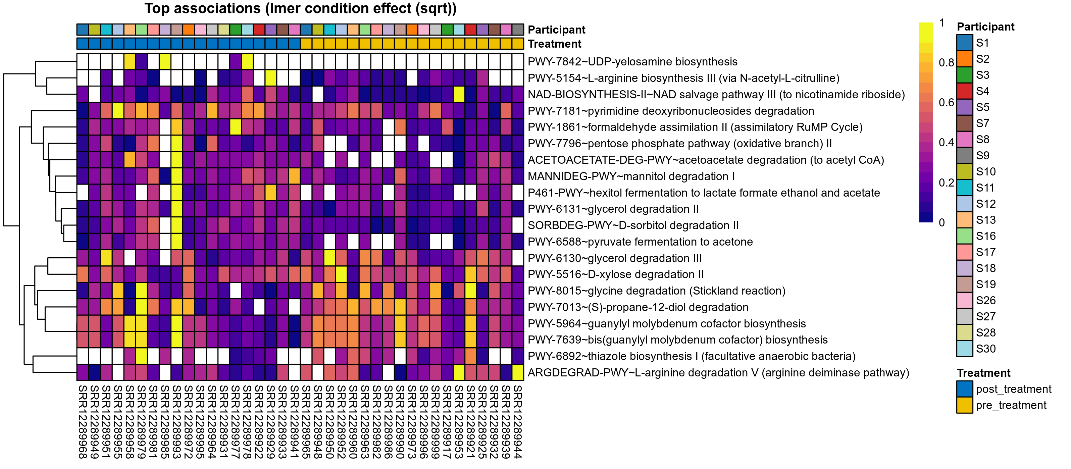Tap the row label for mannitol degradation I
pos(631,176)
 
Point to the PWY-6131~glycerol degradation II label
pos(613,209)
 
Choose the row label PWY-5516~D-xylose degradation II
pos(615,274)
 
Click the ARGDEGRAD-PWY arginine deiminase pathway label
pos(718,372)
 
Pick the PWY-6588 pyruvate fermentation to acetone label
pos(640,242)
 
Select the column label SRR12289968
pos(82,421)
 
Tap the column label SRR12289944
pos(518,421)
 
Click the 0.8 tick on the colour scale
pos(946,63)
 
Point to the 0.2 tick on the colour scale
pos(946,183)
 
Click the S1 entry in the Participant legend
pos(982,43)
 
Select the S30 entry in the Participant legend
pos(985,349)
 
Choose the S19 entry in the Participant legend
pos(985,284)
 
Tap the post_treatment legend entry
pos(1013,389)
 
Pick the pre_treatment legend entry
pos(1011,405)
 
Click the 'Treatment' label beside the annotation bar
pos(554,44)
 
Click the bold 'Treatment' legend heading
pos(983,373)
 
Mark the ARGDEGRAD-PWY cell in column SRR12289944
pos(518,372)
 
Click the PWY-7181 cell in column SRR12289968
pos(82,111)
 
